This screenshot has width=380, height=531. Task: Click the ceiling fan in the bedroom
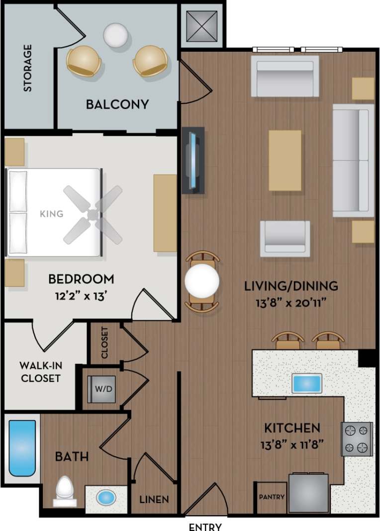click(x=93, y=214)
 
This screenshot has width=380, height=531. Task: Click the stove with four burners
click(x=357, y=439)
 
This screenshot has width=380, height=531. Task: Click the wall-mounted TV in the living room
click(x=192, y=160)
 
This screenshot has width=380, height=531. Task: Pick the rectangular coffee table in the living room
click(x=285, y=160)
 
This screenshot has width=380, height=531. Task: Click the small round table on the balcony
click(x=116, y=35)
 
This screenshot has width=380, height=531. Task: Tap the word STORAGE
click(x=27, y=68)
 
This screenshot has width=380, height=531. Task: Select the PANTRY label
click(x=272, y=497)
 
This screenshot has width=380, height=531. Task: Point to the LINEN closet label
click(x=154, y=499)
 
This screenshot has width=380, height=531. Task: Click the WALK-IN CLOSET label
click(x=40, y=372)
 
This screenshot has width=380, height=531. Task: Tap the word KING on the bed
click(x=52, y=214)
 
